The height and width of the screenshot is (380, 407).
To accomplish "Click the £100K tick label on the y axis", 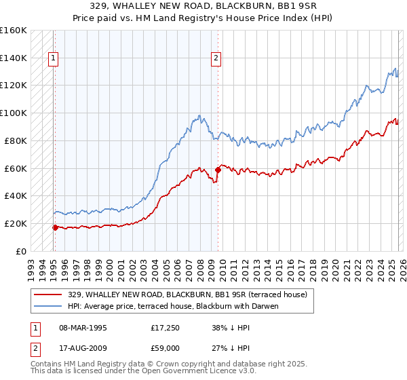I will (x=14, y=113).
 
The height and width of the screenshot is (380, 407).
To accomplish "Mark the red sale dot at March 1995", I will (x=55, y=227).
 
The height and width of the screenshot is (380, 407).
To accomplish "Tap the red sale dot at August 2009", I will (x=218, y=169).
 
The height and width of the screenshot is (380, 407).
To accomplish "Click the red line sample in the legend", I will (x=49, y=294).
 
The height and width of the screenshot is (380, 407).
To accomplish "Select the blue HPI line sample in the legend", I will (x=49, y=306).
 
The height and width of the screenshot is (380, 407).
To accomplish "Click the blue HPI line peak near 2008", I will (x=199, y=115).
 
